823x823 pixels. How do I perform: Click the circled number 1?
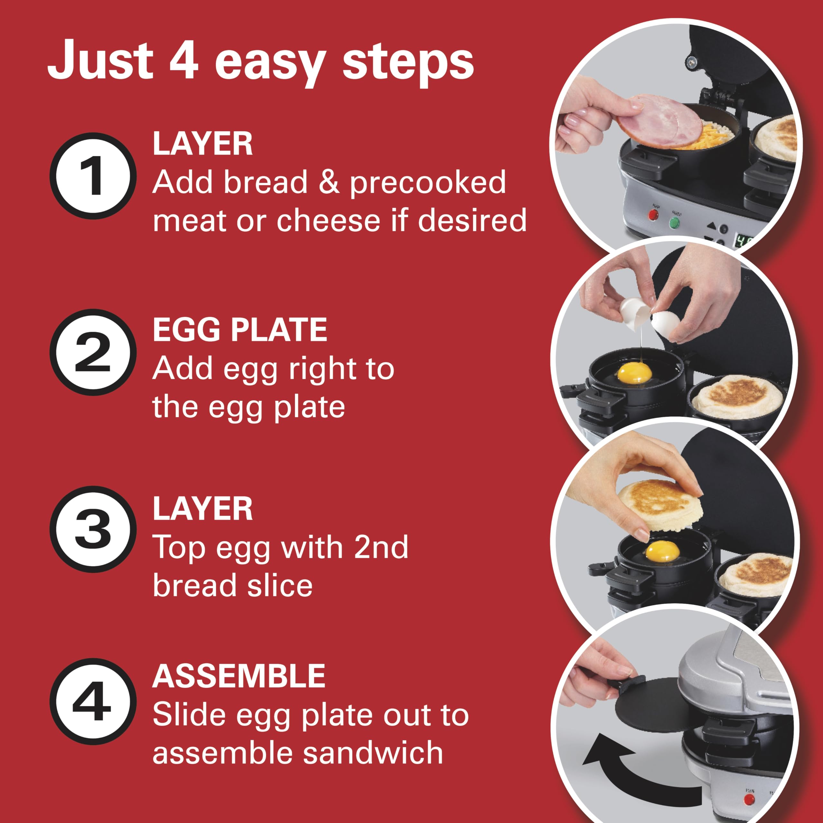point(93,176)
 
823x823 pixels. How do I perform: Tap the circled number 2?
point(93,353)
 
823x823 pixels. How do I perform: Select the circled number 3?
point(93,529)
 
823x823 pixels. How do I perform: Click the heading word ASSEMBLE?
point(239,676)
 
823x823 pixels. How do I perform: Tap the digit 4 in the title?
point(184,60)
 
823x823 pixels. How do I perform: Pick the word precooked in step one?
point(428,183)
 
